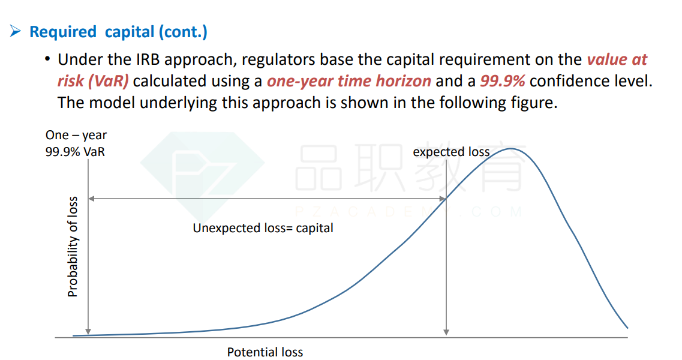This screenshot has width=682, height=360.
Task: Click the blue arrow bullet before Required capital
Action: pyautogui.click(x=15, y=31)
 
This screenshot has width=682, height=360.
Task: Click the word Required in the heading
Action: pyautogui.click(x=62, y=32)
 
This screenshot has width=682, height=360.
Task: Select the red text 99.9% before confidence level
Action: pyautogui.click(x=503, y=81)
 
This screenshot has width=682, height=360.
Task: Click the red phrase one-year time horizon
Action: pyautogui.click(x=349, y=81)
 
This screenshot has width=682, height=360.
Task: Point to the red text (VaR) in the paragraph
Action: pyautogui.click(x=108, y=81)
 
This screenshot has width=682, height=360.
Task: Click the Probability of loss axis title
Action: pyautogui.click(x=72, y=247)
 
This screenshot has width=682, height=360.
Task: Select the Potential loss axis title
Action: pyautogui.click(x=265, y=352)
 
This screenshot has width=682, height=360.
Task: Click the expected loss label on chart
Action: pyautogui.click(x=451, y=152)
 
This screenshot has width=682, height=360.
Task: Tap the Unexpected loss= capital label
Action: pyautogui.click(x=263, y=228)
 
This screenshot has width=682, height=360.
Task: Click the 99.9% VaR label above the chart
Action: pyautogui.click(x=75, y=152)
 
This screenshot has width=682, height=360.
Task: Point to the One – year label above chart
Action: pyautogui.click(x=76, y=136)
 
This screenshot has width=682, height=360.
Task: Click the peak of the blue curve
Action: pyautogui.click(x=510, y=149)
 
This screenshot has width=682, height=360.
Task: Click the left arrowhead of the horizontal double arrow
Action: pyautogui.click(x=91, y=199)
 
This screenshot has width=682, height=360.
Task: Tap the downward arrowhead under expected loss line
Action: pyautogui.click(x=446, y=332)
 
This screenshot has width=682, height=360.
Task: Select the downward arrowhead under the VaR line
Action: pyautogui.click(x=88, y=332)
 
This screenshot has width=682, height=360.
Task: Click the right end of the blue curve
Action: pyautogui.click(x=627, y=328)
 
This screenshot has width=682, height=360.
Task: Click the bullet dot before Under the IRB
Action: pyautogui.click(x=47, y=59)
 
